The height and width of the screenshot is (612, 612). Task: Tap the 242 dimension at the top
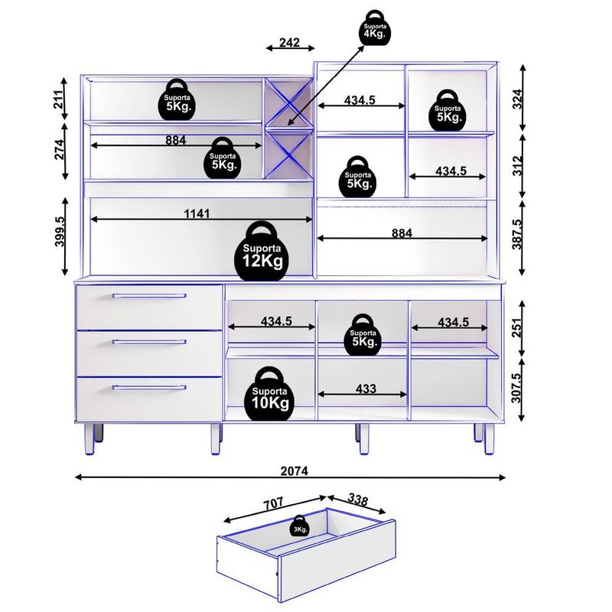288,43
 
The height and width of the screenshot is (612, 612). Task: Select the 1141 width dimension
197,213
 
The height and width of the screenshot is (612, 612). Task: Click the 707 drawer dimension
272,503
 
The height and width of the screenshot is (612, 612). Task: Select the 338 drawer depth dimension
356,500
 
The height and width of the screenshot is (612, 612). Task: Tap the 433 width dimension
366,389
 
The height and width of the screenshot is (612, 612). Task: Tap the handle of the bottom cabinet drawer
149,388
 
